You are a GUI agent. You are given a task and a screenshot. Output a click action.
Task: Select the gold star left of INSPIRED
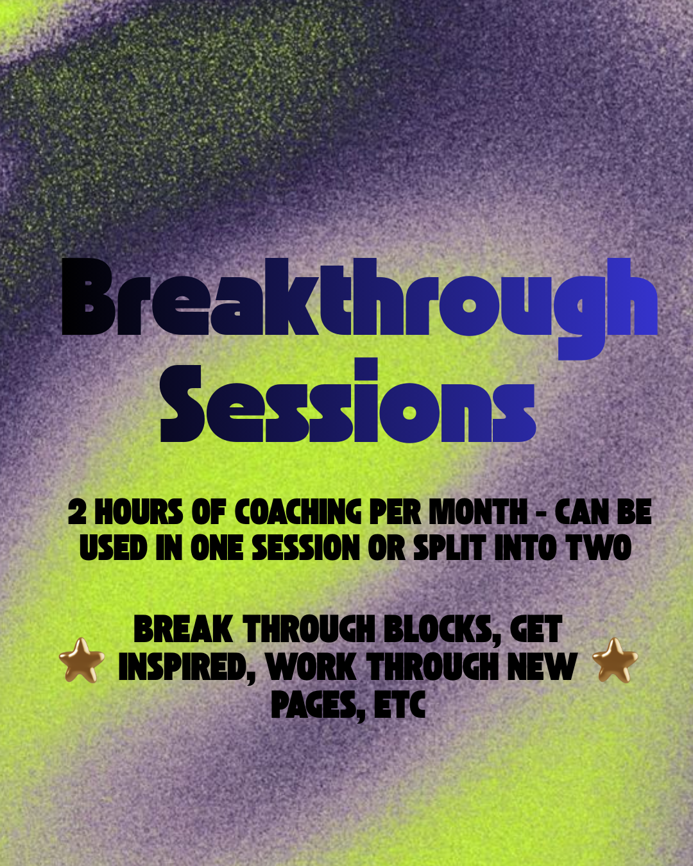tap(81, 660)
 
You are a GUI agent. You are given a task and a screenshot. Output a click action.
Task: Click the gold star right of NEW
tap(615, 660)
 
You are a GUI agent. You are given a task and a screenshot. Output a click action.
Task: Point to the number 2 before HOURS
tap(77, 513)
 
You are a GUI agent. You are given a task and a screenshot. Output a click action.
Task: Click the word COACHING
tap(298, 513)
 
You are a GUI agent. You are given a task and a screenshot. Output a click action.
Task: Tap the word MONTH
tap(478, 513)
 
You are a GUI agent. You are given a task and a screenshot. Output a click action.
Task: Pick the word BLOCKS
tap(442, 629)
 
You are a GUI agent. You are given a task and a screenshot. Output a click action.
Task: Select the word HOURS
tap(139, 513)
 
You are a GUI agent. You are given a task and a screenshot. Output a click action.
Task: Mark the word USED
tap(114, 548)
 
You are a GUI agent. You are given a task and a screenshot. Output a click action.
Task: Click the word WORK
tap(311, 667)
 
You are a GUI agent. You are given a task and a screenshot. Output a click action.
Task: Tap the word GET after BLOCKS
tap(536, 629)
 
